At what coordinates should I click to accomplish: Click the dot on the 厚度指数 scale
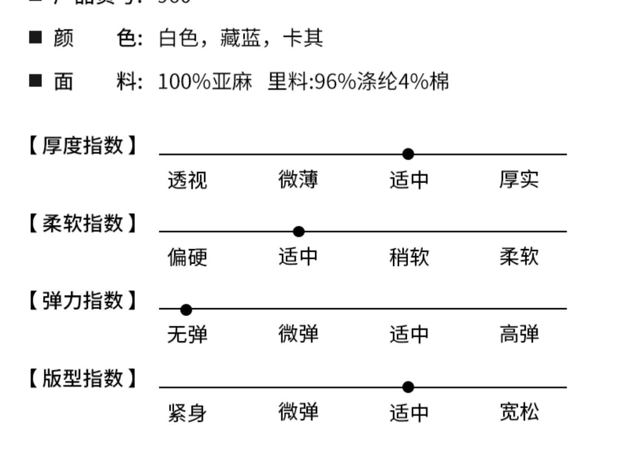click(408, 154)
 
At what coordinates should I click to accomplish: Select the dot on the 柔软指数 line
click(299, 232)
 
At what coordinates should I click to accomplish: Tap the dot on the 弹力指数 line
click(186, 309)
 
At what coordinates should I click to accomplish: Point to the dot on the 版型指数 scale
click(408, 387)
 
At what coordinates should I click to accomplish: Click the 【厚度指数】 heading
click(83, 145)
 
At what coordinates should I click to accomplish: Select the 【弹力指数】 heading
click(83, 300)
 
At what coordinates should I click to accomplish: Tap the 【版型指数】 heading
click(83, 378)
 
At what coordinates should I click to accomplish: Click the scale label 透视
click(187, 180)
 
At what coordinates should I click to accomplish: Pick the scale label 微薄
click(298, 180)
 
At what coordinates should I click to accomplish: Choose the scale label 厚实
click(519, 180)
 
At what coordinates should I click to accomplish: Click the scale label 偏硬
click(187, 257)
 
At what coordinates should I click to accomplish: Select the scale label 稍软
click(409, 257)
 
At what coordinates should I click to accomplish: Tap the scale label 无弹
click(187, 335)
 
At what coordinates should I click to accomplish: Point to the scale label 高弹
click(519, 335)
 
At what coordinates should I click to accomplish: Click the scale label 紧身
click(187, 413)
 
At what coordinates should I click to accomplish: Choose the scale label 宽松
click(519, 412)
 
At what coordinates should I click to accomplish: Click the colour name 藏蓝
click(240, 38)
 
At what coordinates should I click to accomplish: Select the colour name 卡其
click(303, 38)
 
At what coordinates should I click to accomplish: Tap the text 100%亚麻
click(205, 81)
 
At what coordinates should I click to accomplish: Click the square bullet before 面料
click(36, 81)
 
